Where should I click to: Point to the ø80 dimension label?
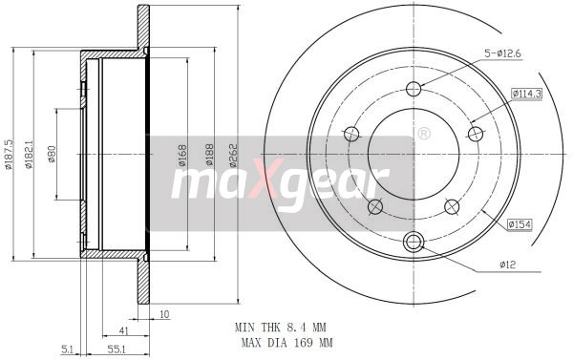pos(52,155)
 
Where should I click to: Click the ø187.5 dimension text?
pos(9,153)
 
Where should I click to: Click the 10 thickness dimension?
pos(164,313)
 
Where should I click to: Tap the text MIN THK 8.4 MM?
pos(283,327)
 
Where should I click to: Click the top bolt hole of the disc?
pos(414,91)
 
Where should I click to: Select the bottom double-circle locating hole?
pos(414,242)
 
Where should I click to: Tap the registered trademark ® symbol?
pos(422,135)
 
